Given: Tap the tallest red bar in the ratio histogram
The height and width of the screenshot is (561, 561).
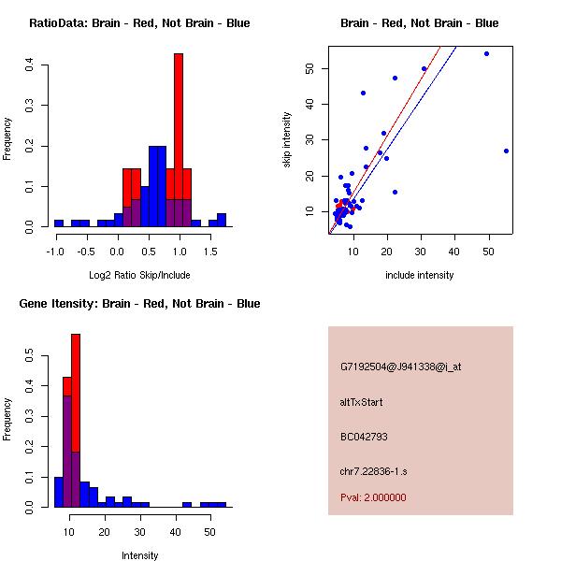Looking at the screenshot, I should (179, 140).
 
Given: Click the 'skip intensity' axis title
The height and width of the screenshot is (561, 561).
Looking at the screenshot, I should (287, 140).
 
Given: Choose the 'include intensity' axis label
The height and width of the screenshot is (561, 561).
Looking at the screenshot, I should (419, 275).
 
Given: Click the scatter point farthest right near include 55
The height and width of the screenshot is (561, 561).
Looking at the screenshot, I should (506, 151).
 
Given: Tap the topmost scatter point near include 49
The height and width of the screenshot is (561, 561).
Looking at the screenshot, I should (486, 54).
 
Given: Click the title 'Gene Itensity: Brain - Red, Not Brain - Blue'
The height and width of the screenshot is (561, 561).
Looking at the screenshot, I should (139, 304).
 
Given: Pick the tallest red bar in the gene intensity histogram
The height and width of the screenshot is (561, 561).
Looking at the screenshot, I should (76, 421).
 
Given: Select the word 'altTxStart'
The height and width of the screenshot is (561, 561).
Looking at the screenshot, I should (362, 402).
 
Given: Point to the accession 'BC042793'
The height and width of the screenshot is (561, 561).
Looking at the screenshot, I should (365, 437).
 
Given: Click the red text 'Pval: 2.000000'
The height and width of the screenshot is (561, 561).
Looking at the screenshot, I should (373, 497).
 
